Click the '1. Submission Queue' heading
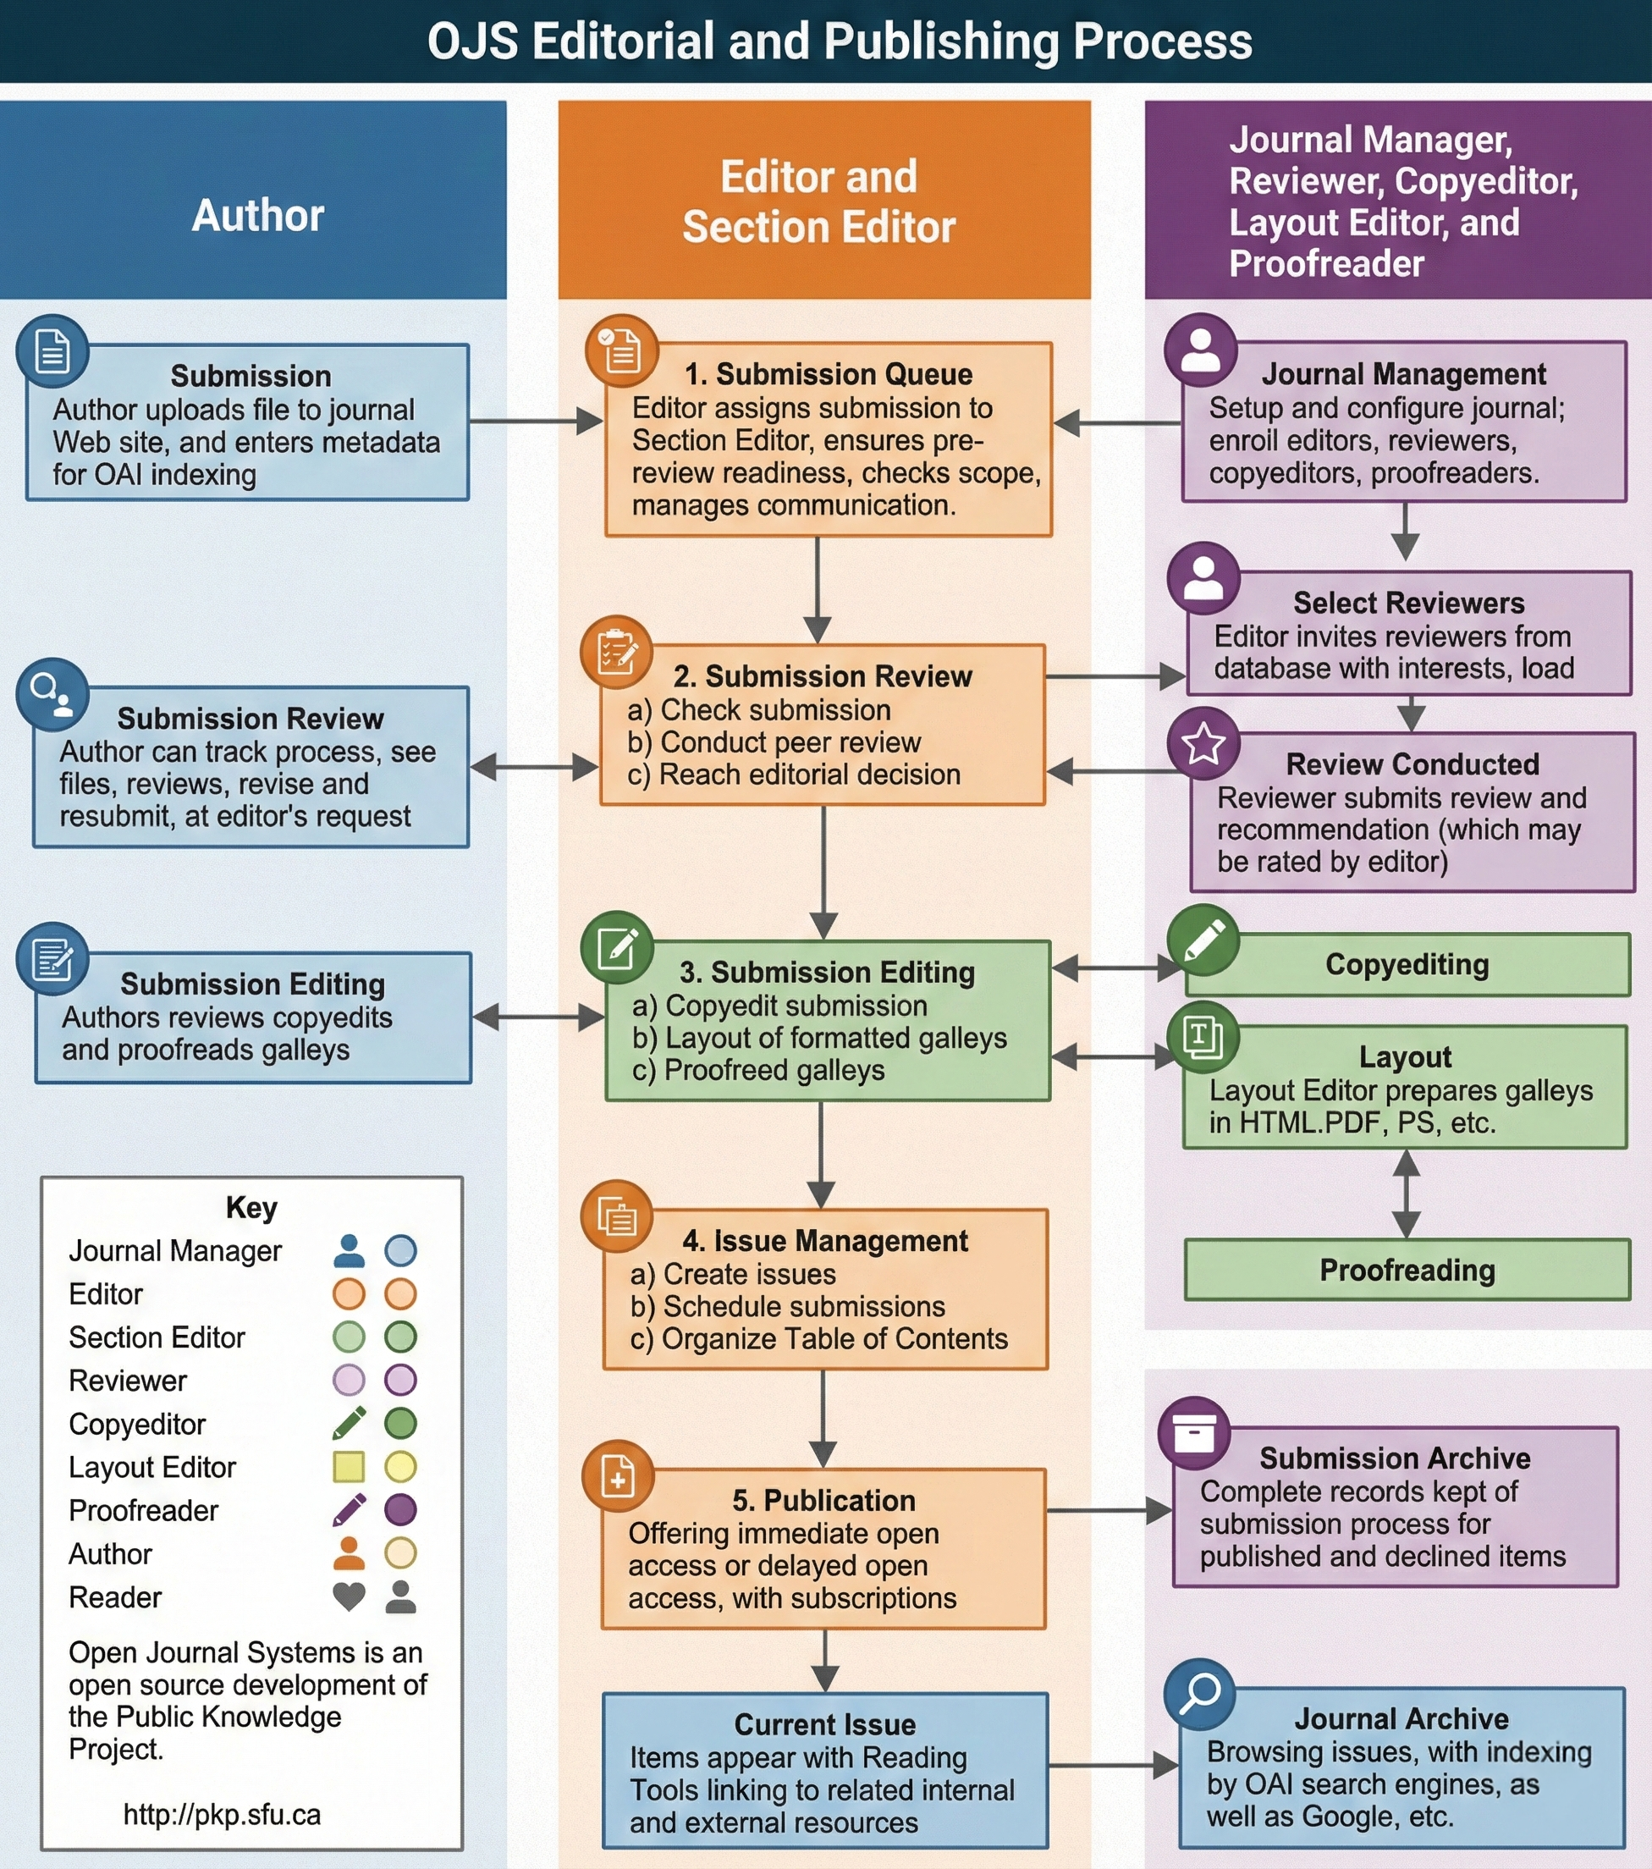point(829,374)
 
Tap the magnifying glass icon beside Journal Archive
point(1199,1695)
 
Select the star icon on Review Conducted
point(1203,743)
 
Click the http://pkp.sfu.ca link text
point(222,1814)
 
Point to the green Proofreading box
point(1407,1270)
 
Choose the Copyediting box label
point(1407,965)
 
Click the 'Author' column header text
point(258,216)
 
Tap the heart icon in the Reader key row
point(349,1596)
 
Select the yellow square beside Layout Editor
point(349,1467)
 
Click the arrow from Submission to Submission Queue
point(537,422)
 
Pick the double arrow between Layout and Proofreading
point(1406,1194)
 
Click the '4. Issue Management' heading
point(824,1241)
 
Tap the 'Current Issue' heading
point(824,1724)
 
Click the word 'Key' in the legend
point(251,1207)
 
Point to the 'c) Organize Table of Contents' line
point(819,1338)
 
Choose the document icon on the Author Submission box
point(52,351)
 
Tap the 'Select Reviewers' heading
point(1409,604)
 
